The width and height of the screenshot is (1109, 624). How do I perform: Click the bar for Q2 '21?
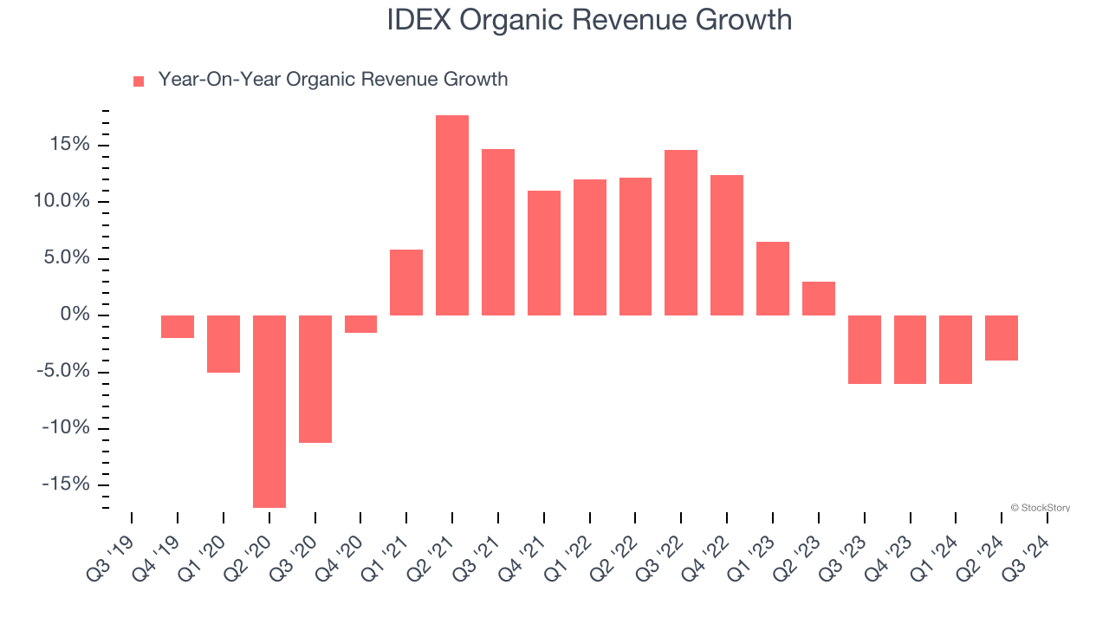pos(452,215)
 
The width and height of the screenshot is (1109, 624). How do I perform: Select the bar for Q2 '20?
pos(269,411)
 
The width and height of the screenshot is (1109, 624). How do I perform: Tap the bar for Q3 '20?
pos(315,379)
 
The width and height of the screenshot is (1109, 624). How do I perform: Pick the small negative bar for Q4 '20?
pos(360,323)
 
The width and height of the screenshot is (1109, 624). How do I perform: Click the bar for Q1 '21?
pos(406,283)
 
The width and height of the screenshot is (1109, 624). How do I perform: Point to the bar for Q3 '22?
pos(681,232)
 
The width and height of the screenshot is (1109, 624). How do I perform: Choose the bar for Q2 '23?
pos(818,298)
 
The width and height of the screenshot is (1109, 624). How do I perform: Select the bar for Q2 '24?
pos(1002,337)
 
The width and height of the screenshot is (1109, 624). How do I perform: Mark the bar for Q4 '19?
pos(178,326)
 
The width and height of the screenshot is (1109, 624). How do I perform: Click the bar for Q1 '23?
pos(772,278)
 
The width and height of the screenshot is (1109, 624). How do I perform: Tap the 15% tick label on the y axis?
pos(68,144)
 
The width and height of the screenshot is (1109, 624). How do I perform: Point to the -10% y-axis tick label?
pos(64,428)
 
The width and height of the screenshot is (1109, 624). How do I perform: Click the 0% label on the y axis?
pos(75,315)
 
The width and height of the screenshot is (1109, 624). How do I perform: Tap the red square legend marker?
pos(139,81)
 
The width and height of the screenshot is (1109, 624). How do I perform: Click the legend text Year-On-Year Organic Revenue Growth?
pos(333,80)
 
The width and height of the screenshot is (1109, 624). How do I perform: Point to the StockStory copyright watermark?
pos(1040,508)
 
